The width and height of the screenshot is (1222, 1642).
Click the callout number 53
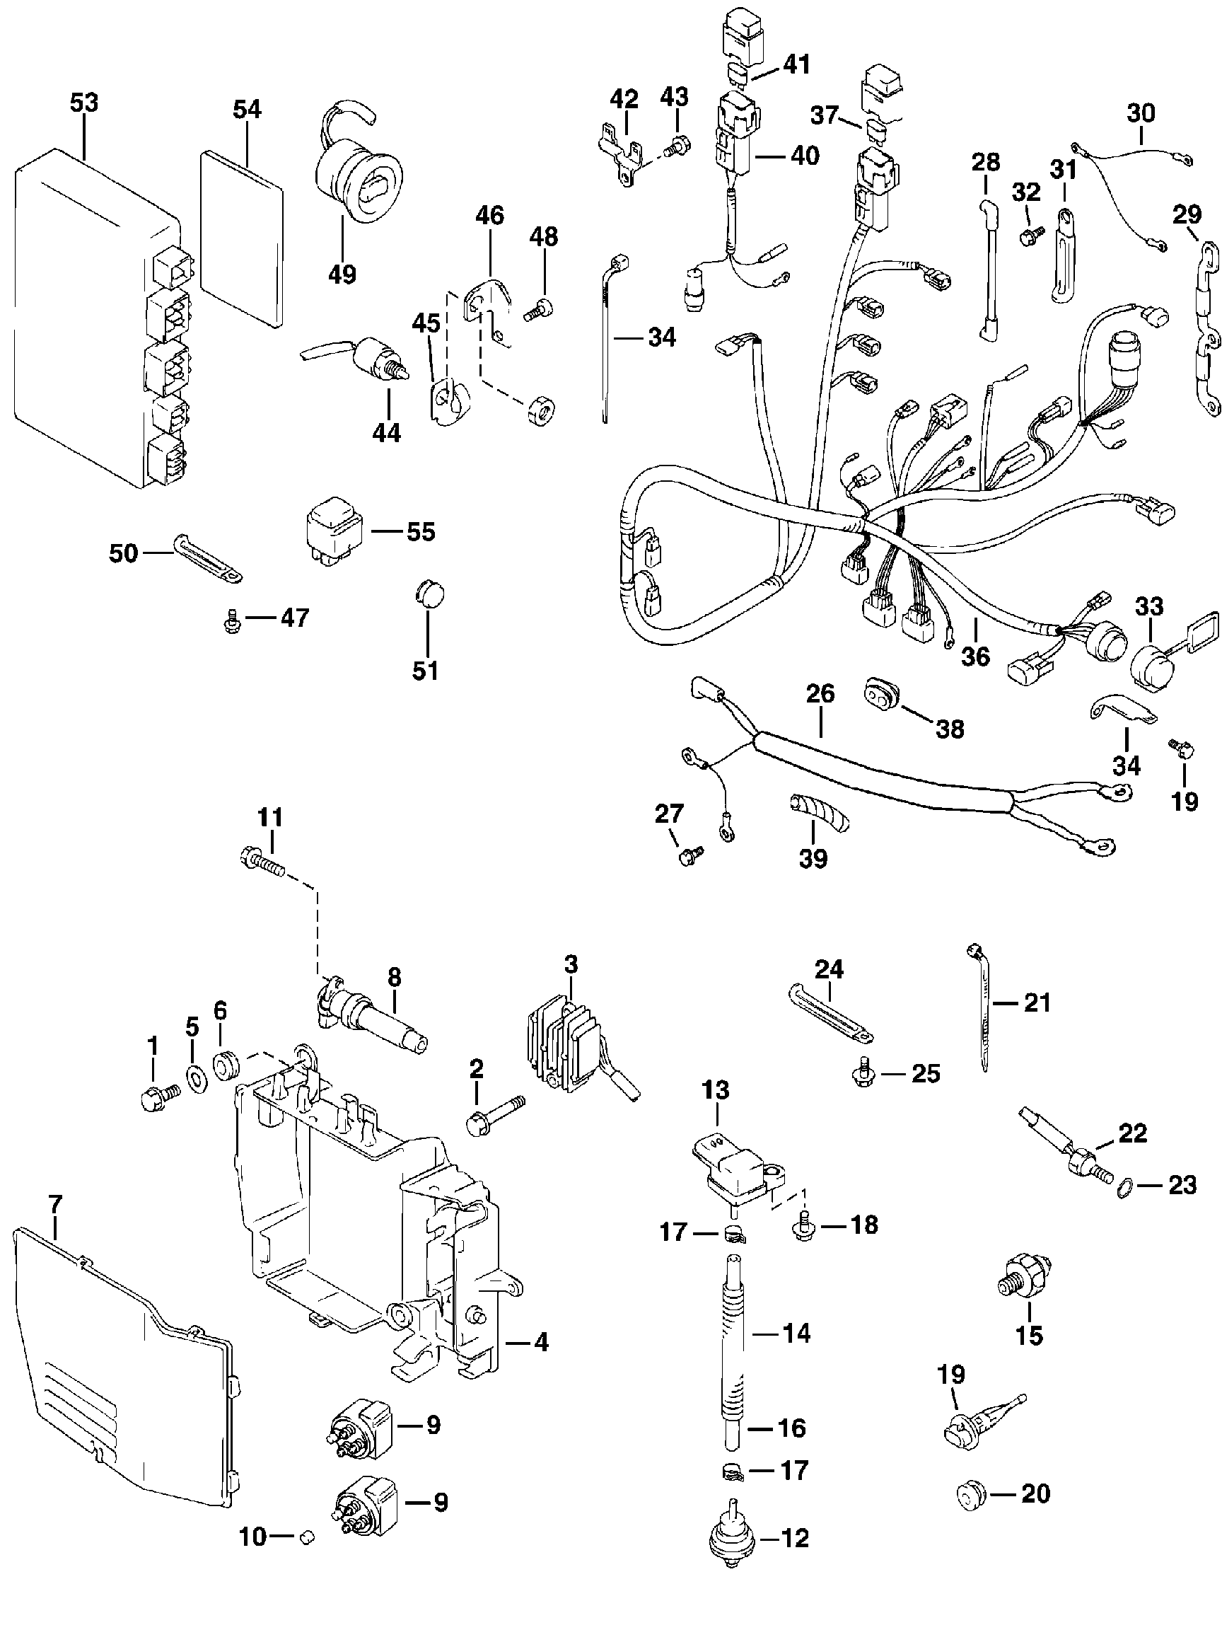[83, 103]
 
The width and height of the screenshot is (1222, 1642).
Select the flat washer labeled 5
[195, 1078]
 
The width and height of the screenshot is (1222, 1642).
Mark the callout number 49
[342, 274]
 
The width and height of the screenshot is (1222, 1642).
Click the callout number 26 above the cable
[820, 694]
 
